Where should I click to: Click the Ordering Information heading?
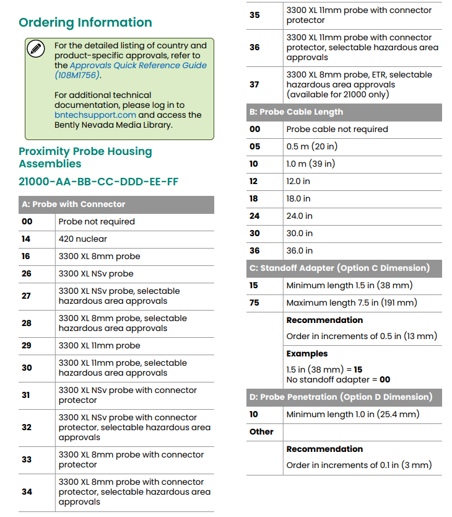(85, 23)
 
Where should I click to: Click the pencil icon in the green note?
(37, 49)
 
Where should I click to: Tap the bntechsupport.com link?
(95, 115)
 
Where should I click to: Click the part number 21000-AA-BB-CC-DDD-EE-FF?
(98, 182)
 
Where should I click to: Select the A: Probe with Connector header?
(73, 204)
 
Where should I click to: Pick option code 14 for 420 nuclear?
(26, 239)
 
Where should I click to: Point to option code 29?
(26, 345)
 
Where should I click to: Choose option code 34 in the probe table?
(27, 492)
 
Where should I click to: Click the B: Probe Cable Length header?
(295, 112)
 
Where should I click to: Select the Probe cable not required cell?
(337, 130)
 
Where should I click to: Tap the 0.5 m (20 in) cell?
(311, 147)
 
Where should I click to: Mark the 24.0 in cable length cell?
(299, 216)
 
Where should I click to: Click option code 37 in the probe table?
(254, 84)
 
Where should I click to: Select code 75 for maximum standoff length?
(254, 303)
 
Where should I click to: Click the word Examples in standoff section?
(307, 353)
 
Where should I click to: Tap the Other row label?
(261, 431)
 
